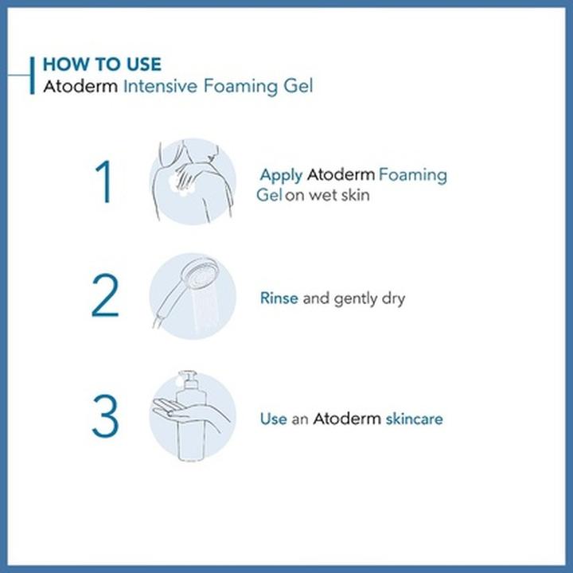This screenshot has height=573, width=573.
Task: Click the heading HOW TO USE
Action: [x=102, y=64]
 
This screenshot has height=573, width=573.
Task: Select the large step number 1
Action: [x=105, y=182]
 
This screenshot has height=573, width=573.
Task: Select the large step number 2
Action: [x=105, y=298]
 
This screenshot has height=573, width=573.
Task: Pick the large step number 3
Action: [x=105, y=417]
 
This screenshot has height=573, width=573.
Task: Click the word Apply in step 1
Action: [x=281, y=175]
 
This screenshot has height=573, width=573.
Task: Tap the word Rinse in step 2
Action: [x=279, y=298]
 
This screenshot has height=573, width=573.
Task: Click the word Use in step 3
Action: [x=273, y=418]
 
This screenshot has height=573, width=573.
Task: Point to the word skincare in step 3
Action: [x=414, y=418]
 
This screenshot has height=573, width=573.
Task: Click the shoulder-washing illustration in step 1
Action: [x=193, y=181]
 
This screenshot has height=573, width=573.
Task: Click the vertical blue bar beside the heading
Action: [x=32, y=75]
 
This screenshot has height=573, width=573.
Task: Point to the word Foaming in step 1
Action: [x=412, y=175]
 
